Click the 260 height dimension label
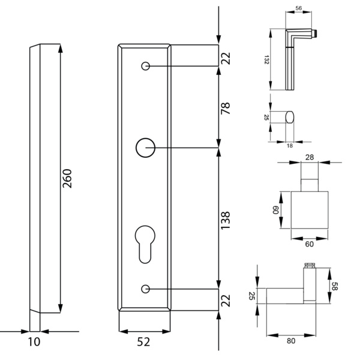[x=68, y=179]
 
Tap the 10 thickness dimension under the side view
[x=34, y=342]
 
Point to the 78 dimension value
[x=226, y=110]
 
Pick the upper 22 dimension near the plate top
[x=226, y=58]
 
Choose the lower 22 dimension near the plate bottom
[x=226, y=300]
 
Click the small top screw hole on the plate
[x=145, y=65]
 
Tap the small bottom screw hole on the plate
[x=145, y=289]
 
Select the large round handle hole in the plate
[x=145, y=147]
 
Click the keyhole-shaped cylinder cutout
[x=145, y=242]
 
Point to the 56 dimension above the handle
[x=298, y=9]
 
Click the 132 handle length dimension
[x=266, y=60]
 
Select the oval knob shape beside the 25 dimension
[x=289, y=117]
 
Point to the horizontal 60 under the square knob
[x=309, y=245]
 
